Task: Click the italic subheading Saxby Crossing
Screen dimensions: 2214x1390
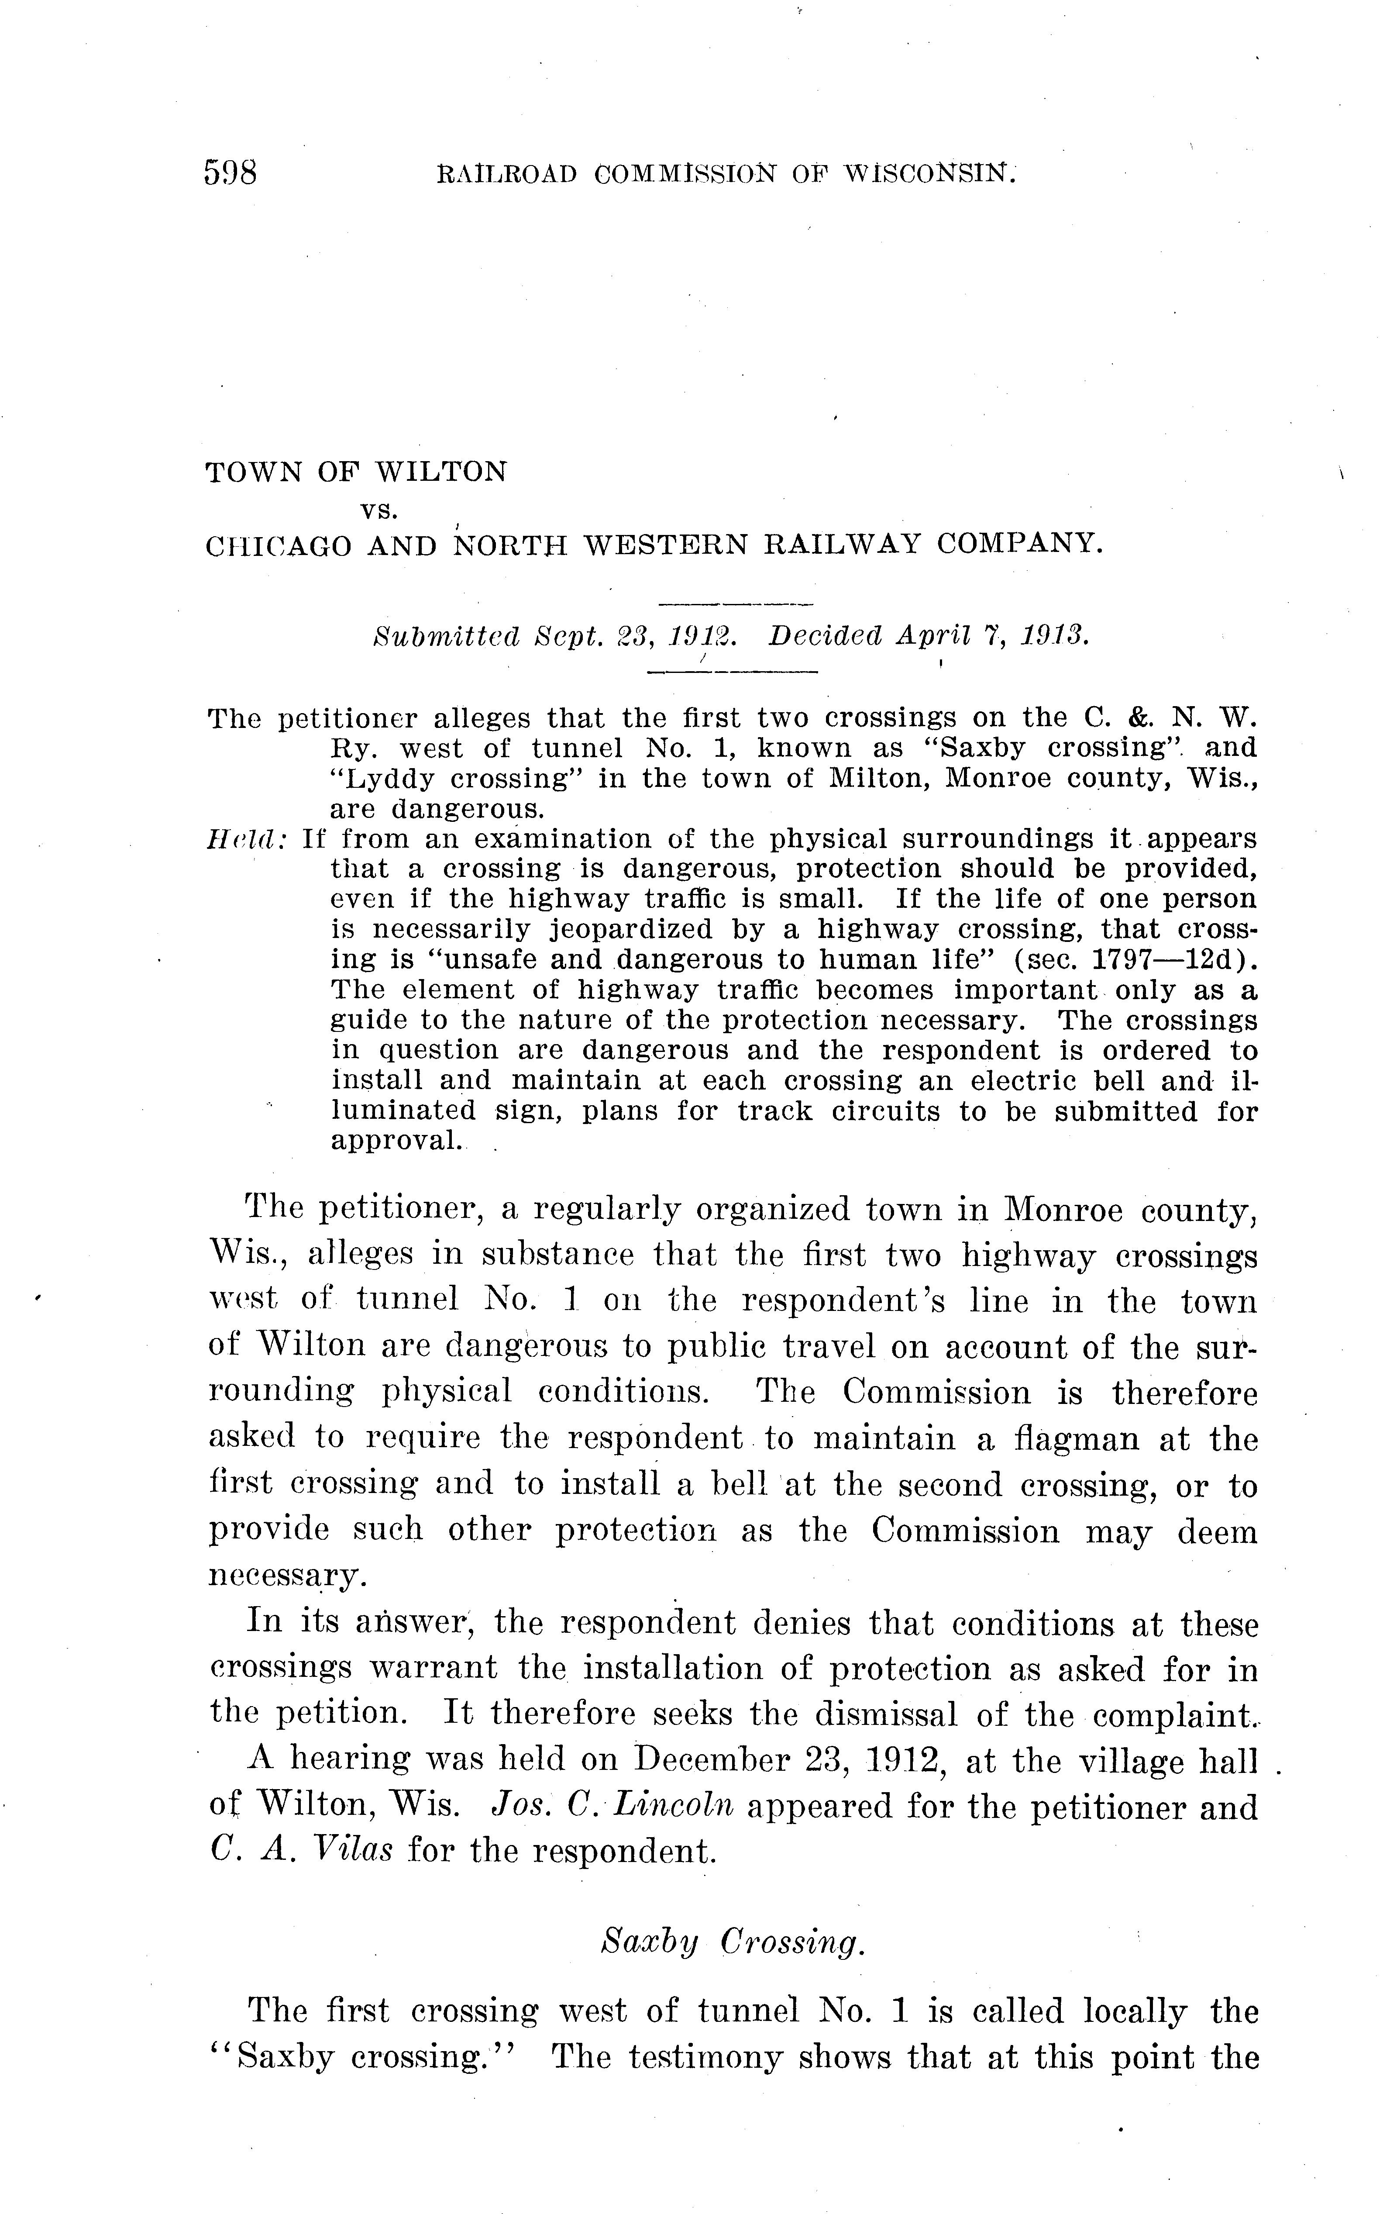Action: click(732, 1942)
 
